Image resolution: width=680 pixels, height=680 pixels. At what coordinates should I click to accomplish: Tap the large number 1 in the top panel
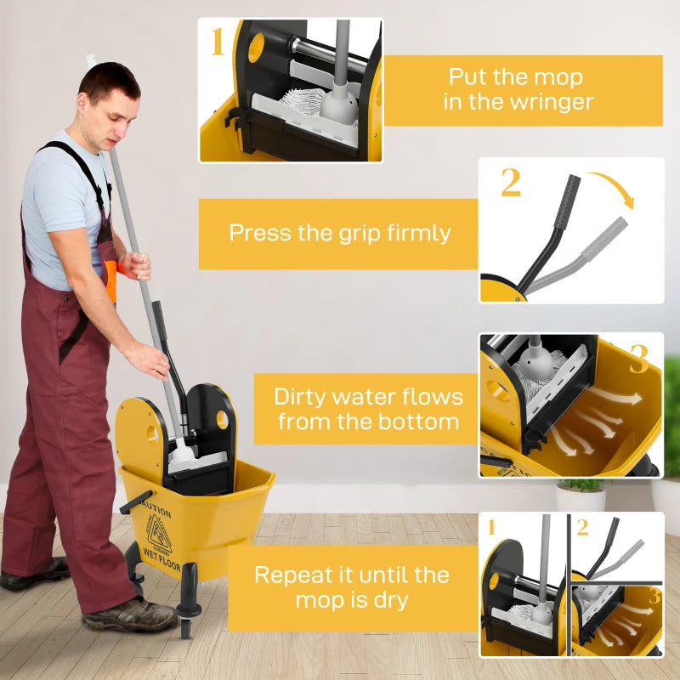tap(218, 42)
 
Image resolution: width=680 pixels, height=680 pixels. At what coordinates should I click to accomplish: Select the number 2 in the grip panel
tap(510, 183)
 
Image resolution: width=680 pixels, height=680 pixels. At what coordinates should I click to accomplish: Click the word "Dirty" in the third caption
tap(306, 397)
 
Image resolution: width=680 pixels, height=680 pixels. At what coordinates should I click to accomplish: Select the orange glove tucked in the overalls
tap(110, 280)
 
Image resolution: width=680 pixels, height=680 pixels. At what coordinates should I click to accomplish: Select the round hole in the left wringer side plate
tap(153, 433)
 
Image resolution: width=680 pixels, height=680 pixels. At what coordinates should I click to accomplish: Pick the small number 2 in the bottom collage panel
tap(582, 527)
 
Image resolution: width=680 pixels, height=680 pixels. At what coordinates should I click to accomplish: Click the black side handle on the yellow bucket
tap(136, 502)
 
